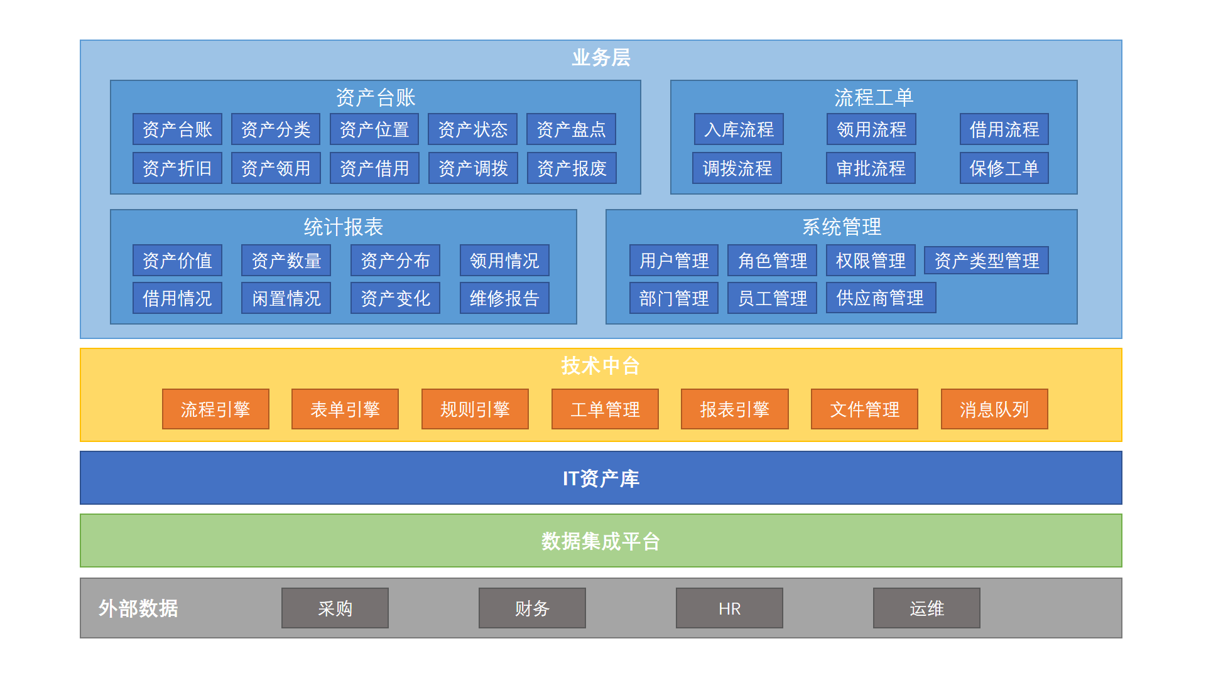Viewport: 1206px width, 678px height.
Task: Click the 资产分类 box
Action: click(x=276, y=129)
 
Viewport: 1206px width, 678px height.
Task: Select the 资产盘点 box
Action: click(x=571, y=129)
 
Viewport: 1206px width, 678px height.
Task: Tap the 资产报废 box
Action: click(x=572, y=168)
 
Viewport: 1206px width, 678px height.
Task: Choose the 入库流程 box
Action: click(x=739, y=129)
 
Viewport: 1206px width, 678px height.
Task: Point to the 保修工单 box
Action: click(x=1004, y=168)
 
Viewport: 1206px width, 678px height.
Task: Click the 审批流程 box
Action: click(x=871, y=168)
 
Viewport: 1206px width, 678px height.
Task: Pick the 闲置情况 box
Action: click(x=286, y=298)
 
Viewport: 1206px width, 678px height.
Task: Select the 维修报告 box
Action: click(x=504, y=298)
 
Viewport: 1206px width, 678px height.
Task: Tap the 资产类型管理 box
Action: click(x=986, y=261)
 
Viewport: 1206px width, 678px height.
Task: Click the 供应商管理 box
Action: click(x=881, y=298)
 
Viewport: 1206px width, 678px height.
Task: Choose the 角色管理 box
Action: click(x=772, y=261)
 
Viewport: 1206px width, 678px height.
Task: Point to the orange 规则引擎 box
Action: click(x=475, y=409)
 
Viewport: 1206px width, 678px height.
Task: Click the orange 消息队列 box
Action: click(x=994, y=409)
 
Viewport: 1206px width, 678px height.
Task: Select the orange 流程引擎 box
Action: click(x=215, y=409)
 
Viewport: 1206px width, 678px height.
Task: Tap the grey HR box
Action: click(x=729, y=608)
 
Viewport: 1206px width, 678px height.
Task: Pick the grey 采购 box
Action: click(x=335, y=608)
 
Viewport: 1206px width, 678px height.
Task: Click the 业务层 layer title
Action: click(x=600, y=58)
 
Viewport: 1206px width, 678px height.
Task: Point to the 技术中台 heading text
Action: click(x=600, y=365)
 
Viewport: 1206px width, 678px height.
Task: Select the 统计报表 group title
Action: click(x=343, y=227)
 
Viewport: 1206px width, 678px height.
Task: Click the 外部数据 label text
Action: click(x=138, y=608)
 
